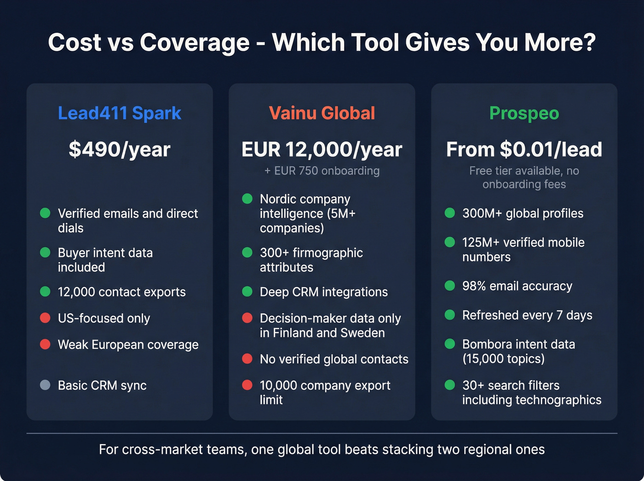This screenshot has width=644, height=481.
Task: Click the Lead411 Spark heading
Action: point(120,113)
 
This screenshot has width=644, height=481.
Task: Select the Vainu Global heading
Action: point(322,113)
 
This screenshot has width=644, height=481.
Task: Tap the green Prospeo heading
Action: point(524,113)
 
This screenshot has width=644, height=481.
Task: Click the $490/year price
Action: point(120,149)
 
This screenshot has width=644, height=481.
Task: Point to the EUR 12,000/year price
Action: point(322,149)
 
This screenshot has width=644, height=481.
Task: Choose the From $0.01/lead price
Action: point(524,149)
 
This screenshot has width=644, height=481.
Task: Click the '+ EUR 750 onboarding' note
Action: point(322,171)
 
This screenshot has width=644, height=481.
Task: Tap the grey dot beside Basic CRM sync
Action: point(45,385)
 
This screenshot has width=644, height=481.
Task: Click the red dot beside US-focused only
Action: point(45,318)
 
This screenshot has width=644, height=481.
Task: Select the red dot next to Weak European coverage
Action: point(45,344)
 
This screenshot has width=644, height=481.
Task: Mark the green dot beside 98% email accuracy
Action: point(450,285)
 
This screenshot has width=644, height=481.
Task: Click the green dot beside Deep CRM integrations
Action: point(247,291)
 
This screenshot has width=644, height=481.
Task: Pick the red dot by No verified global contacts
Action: point(247,359)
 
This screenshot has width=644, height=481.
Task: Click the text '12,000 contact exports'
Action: point(122,292)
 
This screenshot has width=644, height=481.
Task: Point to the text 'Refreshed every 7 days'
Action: point(527,315)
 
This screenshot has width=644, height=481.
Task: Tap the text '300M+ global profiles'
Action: point(523,214)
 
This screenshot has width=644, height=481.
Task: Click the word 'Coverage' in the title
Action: point(195,42)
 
